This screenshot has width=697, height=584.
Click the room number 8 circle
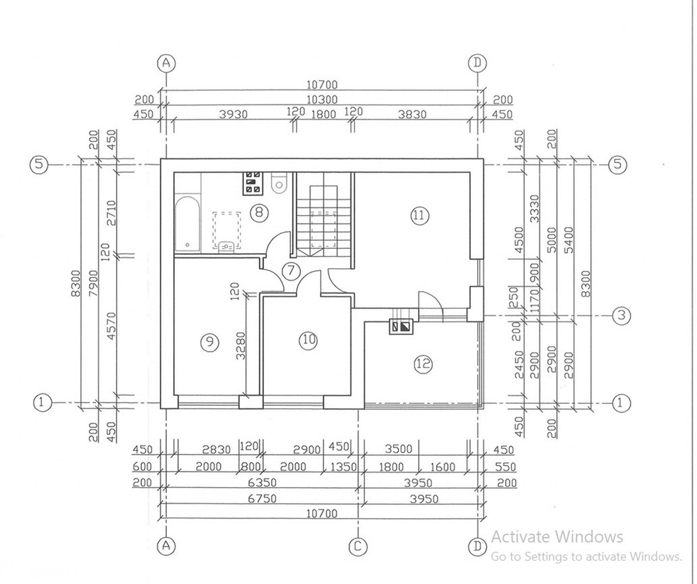(x=259, y=212)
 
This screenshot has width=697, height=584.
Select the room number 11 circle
(x=420, y=215)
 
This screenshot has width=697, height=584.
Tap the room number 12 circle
(x=423, y=364)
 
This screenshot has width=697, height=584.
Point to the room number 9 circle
(x=209, y=342)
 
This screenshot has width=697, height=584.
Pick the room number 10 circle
(x=308, y=340)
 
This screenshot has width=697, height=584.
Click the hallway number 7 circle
(x=291, y=271)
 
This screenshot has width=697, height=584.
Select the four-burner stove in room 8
(x=252, y=183)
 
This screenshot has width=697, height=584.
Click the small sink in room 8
(x=226, y=247)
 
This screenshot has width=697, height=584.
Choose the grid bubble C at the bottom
(x=357, y=546)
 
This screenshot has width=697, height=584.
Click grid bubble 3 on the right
(x=621, y=315)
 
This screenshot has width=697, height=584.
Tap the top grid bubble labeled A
(x=166, y=63)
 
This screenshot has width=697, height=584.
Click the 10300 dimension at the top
(x=322, y=100)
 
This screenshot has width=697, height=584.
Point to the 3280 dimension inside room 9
(x=240, y=346)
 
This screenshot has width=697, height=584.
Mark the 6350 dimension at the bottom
(x=262, y=482)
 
